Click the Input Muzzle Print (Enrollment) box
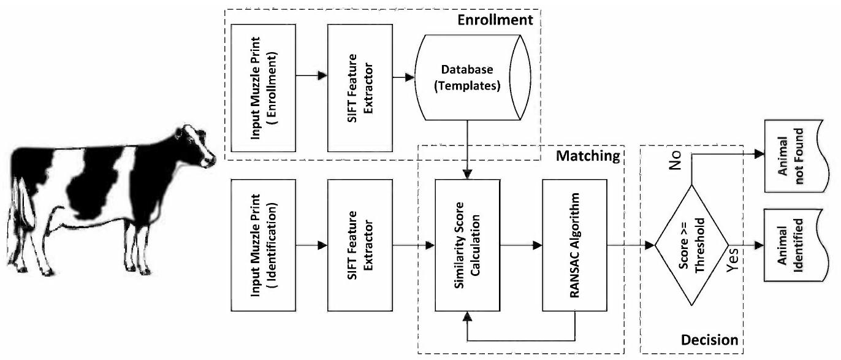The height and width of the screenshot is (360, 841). [264, 88]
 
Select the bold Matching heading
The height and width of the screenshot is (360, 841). [587, 156]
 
